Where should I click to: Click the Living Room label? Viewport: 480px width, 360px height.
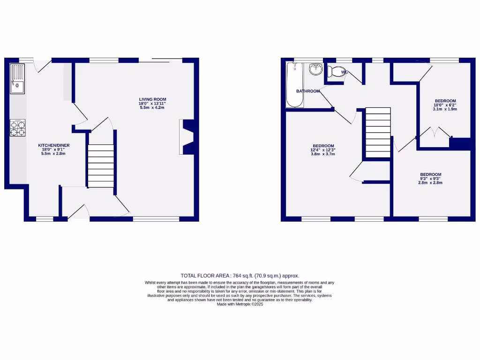point(152,99)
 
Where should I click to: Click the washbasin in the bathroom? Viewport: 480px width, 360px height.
point(316,70)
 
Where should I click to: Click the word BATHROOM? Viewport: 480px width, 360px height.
point(308,91)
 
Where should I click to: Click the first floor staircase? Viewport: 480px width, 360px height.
point(378,133)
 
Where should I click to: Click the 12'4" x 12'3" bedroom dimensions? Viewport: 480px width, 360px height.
point(323,150)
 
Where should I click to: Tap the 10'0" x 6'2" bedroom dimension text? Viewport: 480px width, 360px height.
point(445,105)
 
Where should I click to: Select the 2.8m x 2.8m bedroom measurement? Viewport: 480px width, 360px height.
point(431,183)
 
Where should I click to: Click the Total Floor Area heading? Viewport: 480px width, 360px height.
point(240,276)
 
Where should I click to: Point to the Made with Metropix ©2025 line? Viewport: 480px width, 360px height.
point(240,304)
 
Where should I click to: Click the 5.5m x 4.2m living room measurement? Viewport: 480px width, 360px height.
point(152,108)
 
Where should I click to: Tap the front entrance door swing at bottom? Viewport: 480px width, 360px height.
point(79,212)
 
